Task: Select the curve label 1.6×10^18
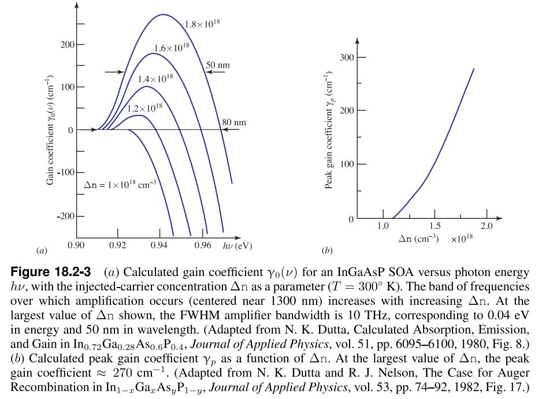coord(172,47)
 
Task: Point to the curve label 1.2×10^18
coord(144,107)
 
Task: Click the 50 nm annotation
coord(218,65)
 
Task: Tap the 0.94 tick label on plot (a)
coord(159,245)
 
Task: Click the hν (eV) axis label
coord(237,246)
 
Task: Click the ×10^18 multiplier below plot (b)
coord(462,238)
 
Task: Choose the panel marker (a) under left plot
coord(41,251)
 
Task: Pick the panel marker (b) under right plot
coord(326,251)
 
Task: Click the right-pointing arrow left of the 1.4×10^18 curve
coord(114,72)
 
